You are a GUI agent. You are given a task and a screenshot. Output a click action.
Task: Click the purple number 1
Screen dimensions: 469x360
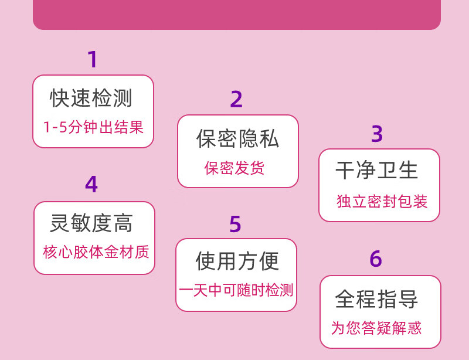click(92, 60)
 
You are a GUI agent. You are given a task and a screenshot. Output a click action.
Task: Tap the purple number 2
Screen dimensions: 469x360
click(236, 100)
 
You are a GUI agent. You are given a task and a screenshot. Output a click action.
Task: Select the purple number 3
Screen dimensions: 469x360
click(377, 134)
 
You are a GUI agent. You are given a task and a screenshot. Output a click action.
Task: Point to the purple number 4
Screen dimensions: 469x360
click(91, 185)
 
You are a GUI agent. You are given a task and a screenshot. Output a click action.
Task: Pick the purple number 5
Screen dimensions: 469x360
click(235, 225)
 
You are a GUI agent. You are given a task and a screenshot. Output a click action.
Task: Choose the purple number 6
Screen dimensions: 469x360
click(376, 259)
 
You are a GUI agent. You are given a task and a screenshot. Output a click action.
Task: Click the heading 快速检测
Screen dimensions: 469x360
click(91, 99)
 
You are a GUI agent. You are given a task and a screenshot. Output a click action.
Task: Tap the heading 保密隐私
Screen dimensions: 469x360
click(237, 138)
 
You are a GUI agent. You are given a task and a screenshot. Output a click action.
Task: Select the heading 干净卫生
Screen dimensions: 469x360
click(377, 170)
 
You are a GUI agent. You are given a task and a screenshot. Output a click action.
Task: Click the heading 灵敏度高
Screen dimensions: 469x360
click(91, 223)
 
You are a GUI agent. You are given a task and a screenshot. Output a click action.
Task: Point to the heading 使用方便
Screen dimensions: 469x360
click(237, 261)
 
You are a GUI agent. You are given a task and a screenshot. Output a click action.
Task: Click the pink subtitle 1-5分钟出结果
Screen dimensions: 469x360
click(93, 127)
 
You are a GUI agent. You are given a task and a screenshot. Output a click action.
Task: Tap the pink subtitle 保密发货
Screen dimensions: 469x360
click(235, 169)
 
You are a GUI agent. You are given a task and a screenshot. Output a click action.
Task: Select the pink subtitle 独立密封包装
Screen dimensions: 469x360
click(382, 202)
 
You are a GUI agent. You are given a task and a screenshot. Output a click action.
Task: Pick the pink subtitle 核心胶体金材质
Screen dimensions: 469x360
click(96, 253)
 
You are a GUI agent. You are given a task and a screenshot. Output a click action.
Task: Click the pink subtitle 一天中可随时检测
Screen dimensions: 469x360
click(236, 290)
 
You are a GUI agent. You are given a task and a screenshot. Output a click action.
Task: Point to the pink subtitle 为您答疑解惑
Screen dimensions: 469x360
click(376, 328)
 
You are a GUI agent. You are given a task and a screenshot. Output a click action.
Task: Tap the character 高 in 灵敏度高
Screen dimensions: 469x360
click(123, 223)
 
